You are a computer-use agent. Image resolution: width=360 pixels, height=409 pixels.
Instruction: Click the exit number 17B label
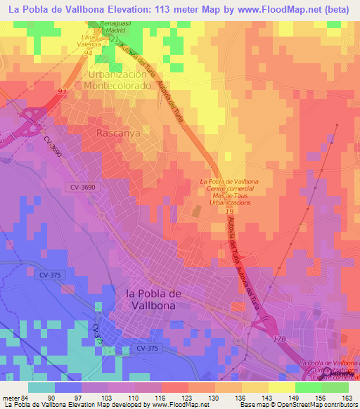281,339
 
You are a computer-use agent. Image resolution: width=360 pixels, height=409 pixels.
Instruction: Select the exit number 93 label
63,91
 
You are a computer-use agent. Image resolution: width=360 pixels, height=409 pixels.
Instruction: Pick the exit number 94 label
88,53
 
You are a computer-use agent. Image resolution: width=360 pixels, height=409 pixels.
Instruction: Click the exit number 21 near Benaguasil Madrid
113,39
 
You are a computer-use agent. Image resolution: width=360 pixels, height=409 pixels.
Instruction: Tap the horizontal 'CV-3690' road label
84,186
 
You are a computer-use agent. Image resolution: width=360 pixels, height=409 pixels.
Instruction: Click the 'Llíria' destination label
87,35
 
